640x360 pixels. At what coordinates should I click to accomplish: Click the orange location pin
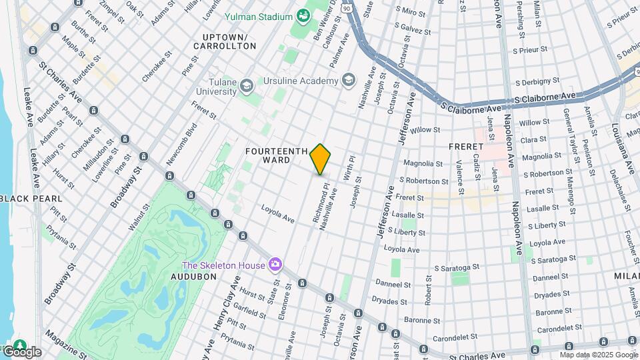tap(321, 159)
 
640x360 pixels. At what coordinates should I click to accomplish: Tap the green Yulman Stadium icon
tap(304, 15)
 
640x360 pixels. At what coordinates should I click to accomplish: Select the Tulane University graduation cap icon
tap(247, 85)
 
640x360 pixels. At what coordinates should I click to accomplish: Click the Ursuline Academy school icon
tap(347, 81)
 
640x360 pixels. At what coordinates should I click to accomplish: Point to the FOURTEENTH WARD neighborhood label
tap(276, 155)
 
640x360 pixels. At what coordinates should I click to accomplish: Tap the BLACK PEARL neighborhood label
tap(31, 199)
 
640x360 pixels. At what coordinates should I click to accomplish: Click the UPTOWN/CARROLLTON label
tap(225, 41)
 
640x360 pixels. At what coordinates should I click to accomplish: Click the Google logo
tap(21, 351)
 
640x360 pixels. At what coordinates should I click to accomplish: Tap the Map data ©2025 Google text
tap(599, 355)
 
